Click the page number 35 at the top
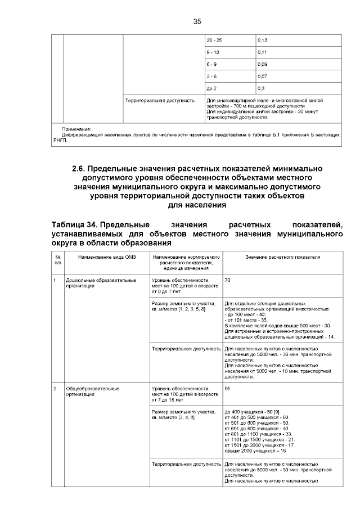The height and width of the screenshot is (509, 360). (197, 21)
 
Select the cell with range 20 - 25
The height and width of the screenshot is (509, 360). (214, 40)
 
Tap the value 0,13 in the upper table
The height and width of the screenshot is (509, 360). (262, 40)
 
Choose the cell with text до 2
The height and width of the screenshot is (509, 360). (212, 89)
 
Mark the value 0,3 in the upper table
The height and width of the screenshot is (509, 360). (260, 89)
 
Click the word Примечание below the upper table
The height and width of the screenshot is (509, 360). (76, 129)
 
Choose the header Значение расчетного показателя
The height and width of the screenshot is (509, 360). (283, 256)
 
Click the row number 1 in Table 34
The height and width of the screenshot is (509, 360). (55, 280)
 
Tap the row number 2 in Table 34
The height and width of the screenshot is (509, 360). (55, 388)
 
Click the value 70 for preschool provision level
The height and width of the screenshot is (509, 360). (228, 280)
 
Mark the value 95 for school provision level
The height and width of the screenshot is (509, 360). (228, 388)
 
